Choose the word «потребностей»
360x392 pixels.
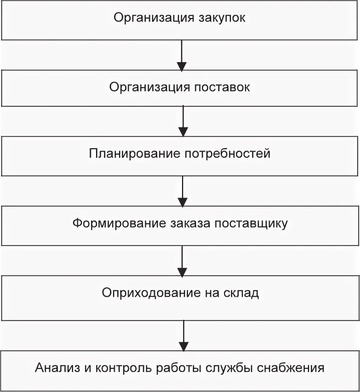(x=227, y=153)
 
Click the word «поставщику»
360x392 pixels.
(x=251, y=223)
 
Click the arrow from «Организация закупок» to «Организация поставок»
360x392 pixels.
(x=182, y=55)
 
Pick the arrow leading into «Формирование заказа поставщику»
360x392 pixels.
(x=183, y=191)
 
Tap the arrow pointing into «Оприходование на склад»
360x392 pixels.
(x=182, y=261)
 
